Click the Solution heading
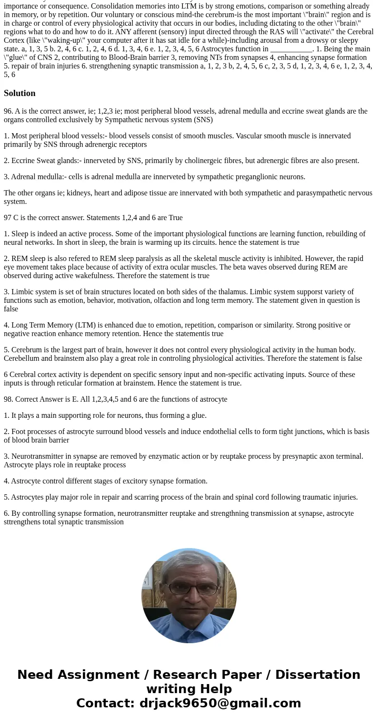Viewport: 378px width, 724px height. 20,93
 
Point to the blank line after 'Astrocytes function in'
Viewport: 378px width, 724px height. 291,49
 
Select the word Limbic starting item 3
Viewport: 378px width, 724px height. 22,292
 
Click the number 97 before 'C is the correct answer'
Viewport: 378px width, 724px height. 8,218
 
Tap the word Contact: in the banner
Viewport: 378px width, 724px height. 105,703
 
